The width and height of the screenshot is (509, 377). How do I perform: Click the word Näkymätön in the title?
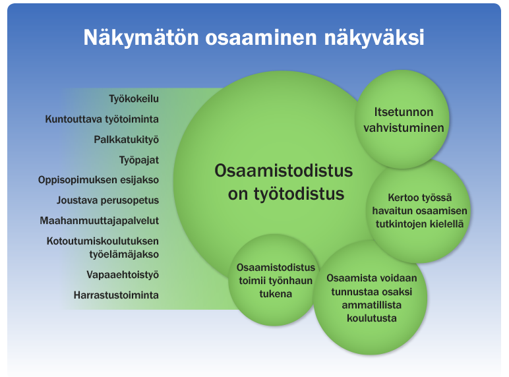[x=141, y=37]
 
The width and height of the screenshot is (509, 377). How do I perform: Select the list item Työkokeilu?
[x=134, y=99]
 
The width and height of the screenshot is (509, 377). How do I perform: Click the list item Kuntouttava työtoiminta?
[x=102, y=119]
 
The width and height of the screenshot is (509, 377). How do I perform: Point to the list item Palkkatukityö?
[x=127, y=140]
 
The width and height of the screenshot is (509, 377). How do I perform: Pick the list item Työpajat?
[x=139, y=160]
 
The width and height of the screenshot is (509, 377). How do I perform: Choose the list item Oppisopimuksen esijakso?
[x=98, y=180]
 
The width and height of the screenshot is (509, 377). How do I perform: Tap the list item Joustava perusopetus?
[x=107, y=200]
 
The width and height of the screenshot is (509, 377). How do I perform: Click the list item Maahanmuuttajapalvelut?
[x=100, y=221]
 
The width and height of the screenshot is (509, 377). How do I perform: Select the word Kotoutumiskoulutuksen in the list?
[x=103, y=241]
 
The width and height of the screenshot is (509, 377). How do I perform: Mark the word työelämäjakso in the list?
[x=124, y=254]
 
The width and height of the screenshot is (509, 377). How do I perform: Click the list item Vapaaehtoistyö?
[x=123, y=275]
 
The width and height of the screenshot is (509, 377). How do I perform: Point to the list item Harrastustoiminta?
[x=116, y=295]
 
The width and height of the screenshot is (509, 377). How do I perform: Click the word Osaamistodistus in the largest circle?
[x=284, y=170]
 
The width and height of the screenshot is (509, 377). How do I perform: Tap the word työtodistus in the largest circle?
[x=299, y=194]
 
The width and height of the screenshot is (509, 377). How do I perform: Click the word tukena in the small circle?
[x=276, y=294]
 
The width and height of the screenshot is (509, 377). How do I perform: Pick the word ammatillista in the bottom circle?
[x=371, y=305]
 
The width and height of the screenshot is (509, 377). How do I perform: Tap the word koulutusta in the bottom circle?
[x=372, y=318]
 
